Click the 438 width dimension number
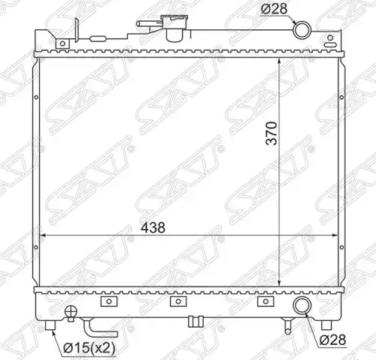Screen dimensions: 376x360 click(x=153, y=228)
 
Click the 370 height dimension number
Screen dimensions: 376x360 click(x=271, y=133)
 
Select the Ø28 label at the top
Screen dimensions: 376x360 click(x=274, y=9)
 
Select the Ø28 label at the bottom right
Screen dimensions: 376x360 click(x=333, y=340)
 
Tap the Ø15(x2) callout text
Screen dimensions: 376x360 click(x=89, y=348)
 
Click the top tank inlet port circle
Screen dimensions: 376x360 click(x=302, y=30)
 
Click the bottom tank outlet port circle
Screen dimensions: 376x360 click(x=302, y=305)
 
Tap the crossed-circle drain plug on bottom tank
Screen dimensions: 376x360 click(x=71, y=312)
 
